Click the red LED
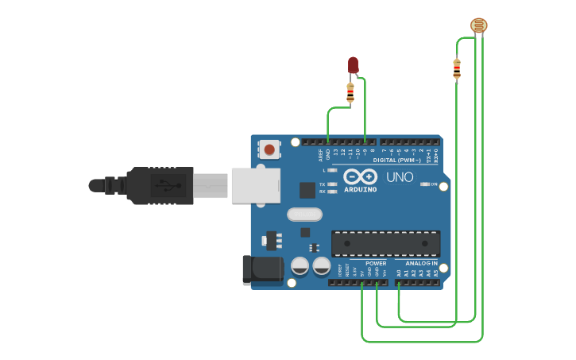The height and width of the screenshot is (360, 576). (353, 65)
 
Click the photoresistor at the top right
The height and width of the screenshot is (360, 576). (479, 25)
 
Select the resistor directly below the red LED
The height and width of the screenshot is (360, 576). (350, 93)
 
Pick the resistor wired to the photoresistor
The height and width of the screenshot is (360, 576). (457, 70)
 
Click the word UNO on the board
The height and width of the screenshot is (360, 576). (400, 177)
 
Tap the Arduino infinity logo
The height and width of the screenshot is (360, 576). (360, 177)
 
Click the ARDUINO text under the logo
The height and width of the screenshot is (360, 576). (360, 190)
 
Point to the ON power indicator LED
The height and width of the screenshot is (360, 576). (423, 184)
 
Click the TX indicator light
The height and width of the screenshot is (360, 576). (332, 184)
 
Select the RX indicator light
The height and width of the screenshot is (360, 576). (332, 192)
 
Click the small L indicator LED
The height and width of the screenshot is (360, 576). (332, 170)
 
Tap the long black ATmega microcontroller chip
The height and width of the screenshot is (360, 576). (385, 243)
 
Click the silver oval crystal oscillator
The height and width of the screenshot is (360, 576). (304, 214)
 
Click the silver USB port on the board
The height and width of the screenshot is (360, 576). (256, 185)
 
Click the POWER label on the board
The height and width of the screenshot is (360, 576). (376, 263)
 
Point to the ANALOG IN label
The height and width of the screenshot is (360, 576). (421, 263)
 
